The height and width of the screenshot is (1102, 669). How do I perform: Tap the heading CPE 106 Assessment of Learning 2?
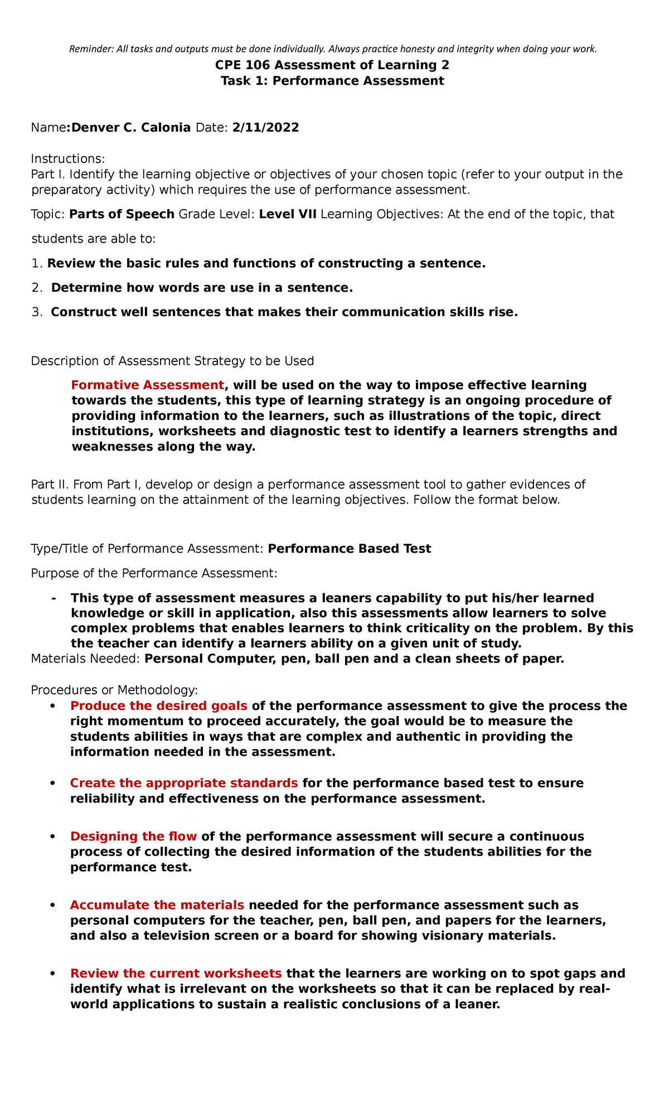coord(332,65)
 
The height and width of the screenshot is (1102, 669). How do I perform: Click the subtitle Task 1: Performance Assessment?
coord(332,81)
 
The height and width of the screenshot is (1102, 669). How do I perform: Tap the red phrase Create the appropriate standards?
coord(184,783)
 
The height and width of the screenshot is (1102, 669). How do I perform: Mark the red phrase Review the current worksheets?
coord(176,974)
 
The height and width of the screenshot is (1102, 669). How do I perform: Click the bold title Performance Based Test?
coord(349,549)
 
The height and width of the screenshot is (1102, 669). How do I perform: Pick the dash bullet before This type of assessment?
coord(54,598)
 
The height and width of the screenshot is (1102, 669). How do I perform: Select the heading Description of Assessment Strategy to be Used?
coord(173,361)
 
